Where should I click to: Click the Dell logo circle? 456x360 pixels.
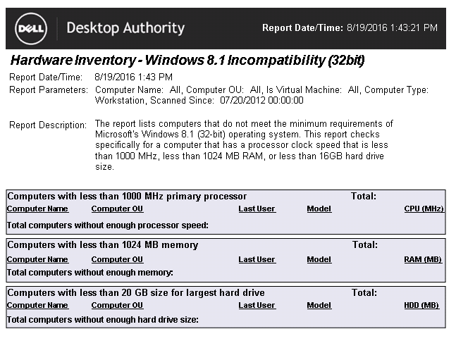[x=31, y=28]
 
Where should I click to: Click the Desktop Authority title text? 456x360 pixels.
[x=125, y=28]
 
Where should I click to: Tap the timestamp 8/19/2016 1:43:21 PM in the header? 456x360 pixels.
[x=392, y=27]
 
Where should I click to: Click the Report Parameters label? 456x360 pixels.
[x=49, y=90]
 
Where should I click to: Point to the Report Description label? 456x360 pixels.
[x=48, y=125]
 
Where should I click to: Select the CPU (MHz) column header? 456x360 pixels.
[x=424, y=209]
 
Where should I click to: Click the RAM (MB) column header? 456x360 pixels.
[x=423, y=259]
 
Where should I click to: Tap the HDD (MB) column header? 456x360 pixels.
[x=421, y=305]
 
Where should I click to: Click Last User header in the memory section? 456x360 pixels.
[x=257, y=259]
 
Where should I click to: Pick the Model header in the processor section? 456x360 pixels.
[x=319, y=209]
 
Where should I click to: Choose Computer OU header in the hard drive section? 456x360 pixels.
[x=117, y=305]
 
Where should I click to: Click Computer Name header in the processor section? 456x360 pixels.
[x=37, y=209]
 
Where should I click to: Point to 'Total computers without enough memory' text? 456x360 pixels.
[x=90, y=272]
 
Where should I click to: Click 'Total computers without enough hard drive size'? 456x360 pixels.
[x=102, y=319]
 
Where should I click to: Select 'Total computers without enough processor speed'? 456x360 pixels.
[x=107, y=225]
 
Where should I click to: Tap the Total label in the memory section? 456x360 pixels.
[x=365, y=245]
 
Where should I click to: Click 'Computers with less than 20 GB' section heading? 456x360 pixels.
[x=136, y=292]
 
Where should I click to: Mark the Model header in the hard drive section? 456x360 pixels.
[x=319, y=305]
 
